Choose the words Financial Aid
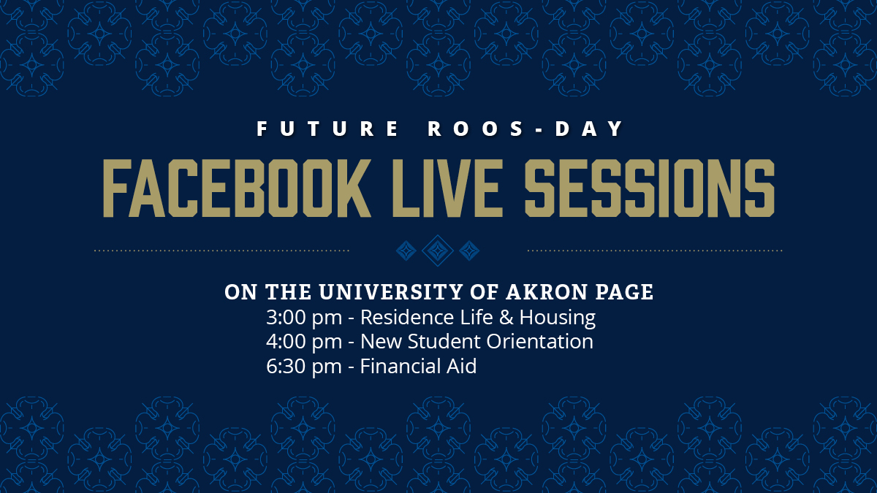pos(418,366)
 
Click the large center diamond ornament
pos(437,251)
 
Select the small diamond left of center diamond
pos(406,251)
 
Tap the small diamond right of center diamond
pos(468,251)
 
